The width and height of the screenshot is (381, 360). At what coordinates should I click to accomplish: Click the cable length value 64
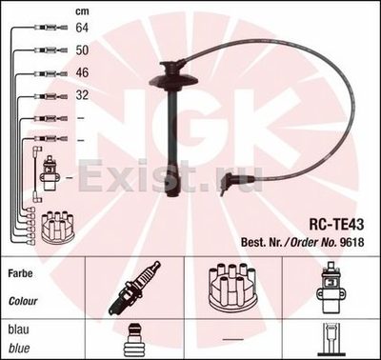82,28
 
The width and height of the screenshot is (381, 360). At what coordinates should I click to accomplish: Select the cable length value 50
82,50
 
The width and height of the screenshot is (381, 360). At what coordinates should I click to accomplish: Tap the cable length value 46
82,72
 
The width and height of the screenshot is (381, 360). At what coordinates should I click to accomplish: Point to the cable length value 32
82,95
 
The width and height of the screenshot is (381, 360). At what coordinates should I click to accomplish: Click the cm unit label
82,11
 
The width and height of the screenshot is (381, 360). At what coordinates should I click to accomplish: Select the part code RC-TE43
336,225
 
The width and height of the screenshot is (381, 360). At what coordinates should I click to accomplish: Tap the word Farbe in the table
20,273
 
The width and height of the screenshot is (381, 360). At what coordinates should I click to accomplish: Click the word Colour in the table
23,301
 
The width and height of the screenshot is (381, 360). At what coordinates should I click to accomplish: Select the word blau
18,330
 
